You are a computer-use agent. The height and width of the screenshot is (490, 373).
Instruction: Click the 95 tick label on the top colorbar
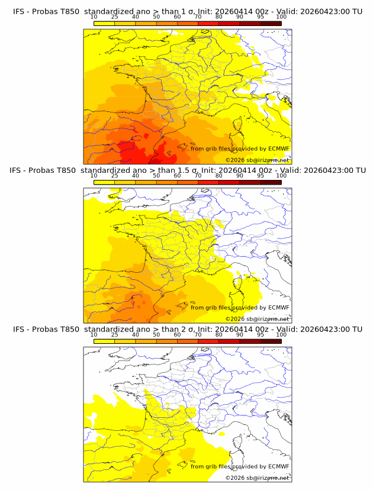coord(261,17)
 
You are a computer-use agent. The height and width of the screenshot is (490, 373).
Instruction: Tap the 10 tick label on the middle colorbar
coord(94,175)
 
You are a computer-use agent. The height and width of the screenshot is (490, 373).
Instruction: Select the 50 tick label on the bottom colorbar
coord(156,334)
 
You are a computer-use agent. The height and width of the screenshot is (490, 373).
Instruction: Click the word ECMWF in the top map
coord(278,149)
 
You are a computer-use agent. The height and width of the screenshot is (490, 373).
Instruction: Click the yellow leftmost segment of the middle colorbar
coord(104,182)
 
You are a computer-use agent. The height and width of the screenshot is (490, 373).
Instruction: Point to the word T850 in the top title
coord(66,11)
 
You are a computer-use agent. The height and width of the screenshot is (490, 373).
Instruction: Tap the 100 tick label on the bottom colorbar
coord(281,334)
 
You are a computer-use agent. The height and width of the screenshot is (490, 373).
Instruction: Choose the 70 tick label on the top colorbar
coord(198,17)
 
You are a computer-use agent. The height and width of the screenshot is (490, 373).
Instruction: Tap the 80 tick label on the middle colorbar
coord(219,175)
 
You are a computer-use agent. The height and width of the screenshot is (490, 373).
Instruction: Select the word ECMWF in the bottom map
coord(278,466)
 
